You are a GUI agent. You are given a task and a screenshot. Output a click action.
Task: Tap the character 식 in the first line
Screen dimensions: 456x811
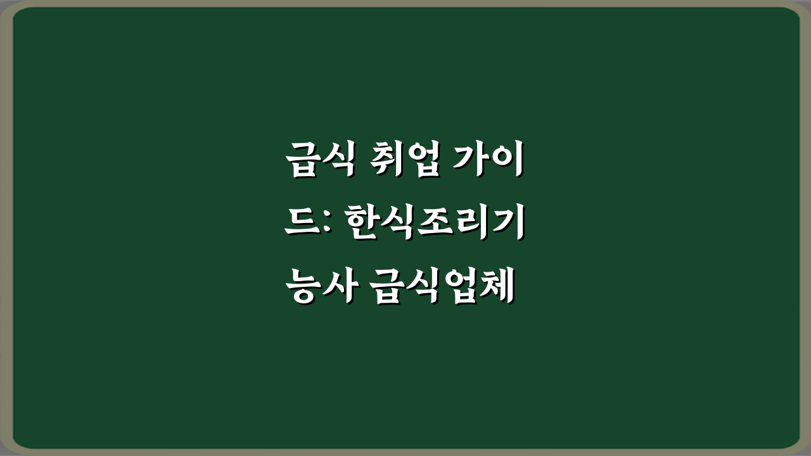click(x=335, y=160)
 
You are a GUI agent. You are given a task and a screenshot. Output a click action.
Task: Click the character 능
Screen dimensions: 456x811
click(x=301, y=286)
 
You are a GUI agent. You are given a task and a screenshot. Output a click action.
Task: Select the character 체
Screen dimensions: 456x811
click(x=494, y=286)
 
